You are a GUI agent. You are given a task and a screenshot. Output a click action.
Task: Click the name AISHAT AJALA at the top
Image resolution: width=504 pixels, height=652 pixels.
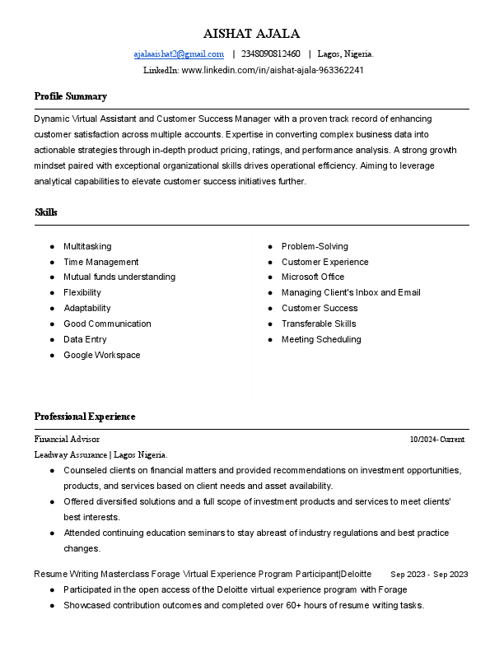click(x=252, y=34)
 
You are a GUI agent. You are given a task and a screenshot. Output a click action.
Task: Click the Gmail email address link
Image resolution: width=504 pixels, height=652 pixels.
click(x=179, y=54)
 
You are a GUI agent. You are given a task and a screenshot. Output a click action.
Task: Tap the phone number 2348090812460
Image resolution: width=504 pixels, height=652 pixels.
click(x=270, y=54)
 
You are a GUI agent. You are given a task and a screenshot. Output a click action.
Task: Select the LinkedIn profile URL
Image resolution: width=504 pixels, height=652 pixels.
click(x=273, y=70)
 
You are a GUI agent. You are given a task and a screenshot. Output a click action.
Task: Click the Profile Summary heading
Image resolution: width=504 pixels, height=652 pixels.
click(x=71, y=96)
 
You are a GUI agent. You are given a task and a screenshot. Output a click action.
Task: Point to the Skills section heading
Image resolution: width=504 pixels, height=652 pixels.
click(x=46, y=212)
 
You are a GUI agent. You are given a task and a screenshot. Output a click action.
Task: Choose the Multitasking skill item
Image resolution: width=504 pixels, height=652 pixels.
click(x=87, y=246)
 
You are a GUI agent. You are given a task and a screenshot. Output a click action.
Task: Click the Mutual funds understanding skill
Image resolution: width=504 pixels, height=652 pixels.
click(x=119, y=277)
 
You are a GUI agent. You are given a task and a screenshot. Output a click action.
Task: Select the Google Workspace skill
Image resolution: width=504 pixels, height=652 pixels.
click(x=102, y=355)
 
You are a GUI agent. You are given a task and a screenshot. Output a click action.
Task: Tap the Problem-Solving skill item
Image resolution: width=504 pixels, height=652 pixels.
click(x=315, y=246)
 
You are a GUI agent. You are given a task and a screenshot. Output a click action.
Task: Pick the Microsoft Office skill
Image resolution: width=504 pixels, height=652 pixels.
click(x=313, y=277)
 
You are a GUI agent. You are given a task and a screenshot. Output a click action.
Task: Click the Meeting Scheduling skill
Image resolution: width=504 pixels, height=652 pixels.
click(x=321, y=339)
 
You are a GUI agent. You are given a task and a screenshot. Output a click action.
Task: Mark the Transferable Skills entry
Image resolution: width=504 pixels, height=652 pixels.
click(x=319, y=324)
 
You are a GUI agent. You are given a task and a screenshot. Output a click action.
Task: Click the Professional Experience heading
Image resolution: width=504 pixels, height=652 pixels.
click(x=85, y=417)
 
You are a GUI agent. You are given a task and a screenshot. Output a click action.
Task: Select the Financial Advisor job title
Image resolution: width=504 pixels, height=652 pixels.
click(x=67, y=440)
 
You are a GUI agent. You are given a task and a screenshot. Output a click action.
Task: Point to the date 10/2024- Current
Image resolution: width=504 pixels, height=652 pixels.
click(x=437, y=440)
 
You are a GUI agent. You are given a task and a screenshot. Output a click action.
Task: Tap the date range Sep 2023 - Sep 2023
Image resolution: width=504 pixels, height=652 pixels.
click(x=429, y=574)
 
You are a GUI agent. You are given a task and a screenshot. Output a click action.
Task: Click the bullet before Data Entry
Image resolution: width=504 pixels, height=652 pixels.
click(x=52, y=339)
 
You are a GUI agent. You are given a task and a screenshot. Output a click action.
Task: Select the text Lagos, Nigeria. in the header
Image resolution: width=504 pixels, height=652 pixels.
click(x=345, y=54)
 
